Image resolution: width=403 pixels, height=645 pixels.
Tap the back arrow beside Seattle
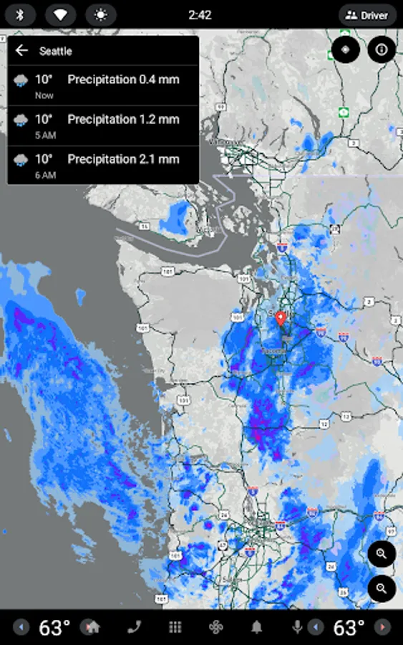pyautogui.click(x=21, y=50)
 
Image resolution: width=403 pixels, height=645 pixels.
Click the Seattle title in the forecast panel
pyautogui.click(x=56, y=51)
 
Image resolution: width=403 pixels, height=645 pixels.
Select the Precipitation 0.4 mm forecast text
pyautogui.click(x=122, y=80)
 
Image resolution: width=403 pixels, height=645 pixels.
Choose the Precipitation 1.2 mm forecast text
pyautogui.click(x=122, y=119)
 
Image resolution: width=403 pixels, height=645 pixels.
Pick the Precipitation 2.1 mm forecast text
pyautogui.click(x=122, y=158)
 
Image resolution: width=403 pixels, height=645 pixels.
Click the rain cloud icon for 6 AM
pyautogui.click(x=21, y=159)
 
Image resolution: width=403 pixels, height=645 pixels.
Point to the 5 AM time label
pyautogui.click(x=45, y=135)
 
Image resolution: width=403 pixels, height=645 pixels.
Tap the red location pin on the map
pyautogui.click(x=281, y=319)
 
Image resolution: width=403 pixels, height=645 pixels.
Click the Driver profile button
pyautogui.click(x=367, y=15)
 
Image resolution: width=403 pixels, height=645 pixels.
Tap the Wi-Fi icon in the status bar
pyautogui.click(x=61, y=15)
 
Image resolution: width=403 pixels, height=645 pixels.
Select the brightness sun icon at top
pyautogui.click(x=101, y=15)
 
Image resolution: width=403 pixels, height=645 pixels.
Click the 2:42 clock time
pyautogui.click(x=200, y=15)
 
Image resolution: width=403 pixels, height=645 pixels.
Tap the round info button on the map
pyautogui.click(x=382, y=49)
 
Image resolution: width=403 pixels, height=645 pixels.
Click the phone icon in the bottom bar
pyautogui.click(x=134, y=627)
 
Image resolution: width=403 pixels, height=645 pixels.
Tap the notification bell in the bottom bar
pyautogui.click(x=256, y=627)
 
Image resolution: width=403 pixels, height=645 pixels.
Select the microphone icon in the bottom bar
pyautogui.click(x=297, y=627)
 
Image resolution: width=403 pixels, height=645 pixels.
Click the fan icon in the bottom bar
pyautogui.click(x=215, y=627)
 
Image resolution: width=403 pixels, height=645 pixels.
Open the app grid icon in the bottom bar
pyautogui.click(x=175, y=627)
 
